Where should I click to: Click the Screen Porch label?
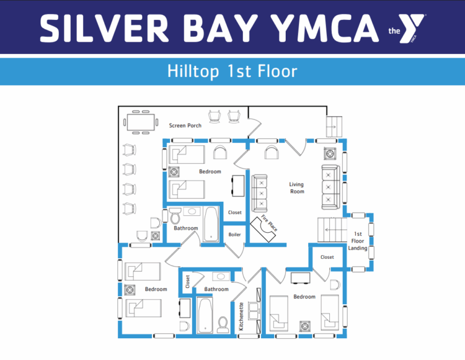[x=185, y=125]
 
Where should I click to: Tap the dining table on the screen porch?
[x=140, y=122]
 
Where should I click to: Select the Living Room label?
[x=297, y=188]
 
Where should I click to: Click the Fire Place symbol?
[x=263, y=228]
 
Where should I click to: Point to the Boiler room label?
[x=234, y=235]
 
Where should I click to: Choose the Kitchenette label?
[x=241, y=316]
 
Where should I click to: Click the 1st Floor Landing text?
[x=358, y=241]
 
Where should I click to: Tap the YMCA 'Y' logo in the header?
[x=411, y=28]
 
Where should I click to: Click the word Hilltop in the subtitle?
[x=193, y=72]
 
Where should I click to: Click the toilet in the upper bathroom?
[x=175, y=216]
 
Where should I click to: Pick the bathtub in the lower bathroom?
[x=205, y=316]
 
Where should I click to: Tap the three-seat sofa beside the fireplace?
[x=260, y=193]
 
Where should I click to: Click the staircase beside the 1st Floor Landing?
[x=332, y=230]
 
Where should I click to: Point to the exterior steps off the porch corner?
[x=334, y=127]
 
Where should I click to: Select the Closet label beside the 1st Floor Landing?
[x=327, y=257]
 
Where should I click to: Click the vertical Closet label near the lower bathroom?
[x=188, y=281]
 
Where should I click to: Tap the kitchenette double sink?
[x=254, y=310]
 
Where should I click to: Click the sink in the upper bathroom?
[x=191, y=212]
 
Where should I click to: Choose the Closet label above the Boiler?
[x=234, y=213]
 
